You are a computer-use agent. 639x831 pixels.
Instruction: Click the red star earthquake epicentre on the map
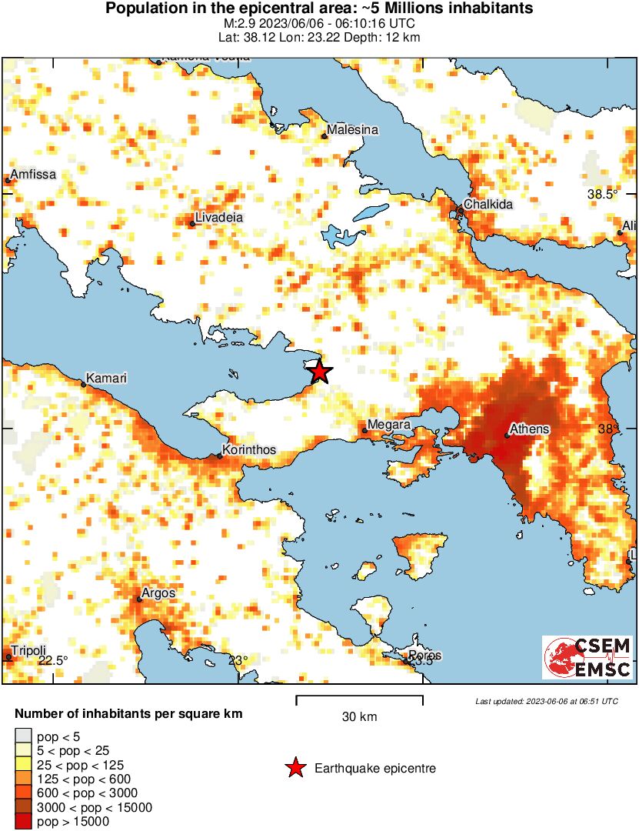click(x=320, y=372)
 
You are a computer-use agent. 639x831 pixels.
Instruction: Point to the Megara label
click(x=389, y=424)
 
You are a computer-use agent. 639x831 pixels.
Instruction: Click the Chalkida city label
click(x=488, y=205)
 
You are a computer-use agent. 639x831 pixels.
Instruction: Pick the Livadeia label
click(x=219, y=218)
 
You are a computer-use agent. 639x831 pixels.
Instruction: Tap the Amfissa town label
click(x=33, y=175)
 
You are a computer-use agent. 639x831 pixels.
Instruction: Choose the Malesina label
click(x=352, y=130)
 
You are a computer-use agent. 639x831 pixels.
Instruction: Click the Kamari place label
click(x=105, y=379)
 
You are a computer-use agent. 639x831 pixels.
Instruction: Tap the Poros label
click(x=425, y=656)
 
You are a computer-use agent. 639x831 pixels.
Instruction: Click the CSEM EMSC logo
click(x=587, y=657)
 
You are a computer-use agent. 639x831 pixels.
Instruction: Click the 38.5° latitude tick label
click(x=602, y=195)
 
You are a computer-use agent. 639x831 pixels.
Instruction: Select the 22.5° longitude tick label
click(x=53, y=660)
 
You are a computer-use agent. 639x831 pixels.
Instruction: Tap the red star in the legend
click(x=295, y=768)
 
